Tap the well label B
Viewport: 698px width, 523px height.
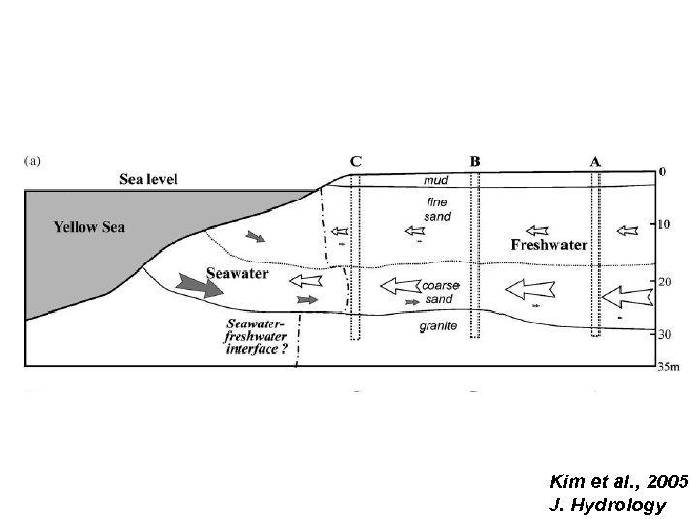pos(474,161)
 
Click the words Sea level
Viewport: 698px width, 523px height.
pos(148,178)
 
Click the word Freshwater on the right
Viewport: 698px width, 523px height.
pos(549,245)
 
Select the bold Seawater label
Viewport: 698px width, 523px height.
pos(237,274)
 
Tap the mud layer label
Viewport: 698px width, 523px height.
pos(436,179)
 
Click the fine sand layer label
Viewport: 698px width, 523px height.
pos(436,209)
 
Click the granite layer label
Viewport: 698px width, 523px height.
pos(437,327)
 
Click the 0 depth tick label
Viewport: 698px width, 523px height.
pos(662,171)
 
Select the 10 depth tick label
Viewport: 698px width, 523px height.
pos(664,224)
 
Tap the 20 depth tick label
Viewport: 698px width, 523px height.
pos(664,282)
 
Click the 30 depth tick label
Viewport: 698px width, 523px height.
pos(664,335)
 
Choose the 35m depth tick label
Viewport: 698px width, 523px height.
pos(668,367)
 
